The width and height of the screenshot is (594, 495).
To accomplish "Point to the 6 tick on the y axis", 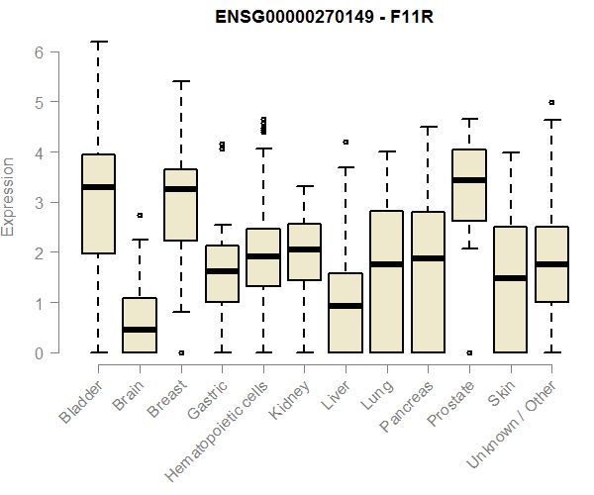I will tap(37, 52).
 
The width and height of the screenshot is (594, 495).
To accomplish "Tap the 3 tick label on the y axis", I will tap(37, 203).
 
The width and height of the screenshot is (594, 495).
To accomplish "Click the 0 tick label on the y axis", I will tap(37, 352).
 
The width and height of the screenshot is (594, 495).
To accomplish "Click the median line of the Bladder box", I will tap(98, 187).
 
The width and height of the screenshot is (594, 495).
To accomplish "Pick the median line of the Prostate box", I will tap(468, 180).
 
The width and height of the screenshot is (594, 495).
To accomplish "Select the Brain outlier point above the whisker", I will tap(140, 215).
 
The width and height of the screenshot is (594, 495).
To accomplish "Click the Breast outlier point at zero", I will tap(180, 352).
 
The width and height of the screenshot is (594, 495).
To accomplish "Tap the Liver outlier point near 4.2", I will tap(346, 143).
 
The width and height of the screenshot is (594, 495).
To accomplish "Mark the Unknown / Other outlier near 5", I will tap(551, 102).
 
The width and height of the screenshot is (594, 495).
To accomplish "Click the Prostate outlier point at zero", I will tap(468, 352).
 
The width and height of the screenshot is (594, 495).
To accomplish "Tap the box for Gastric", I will tap(222, 287).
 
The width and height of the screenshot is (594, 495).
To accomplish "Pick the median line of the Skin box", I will tap(510, 278).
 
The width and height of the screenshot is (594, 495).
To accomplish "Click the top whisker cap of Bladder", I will tap(98, 42).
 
